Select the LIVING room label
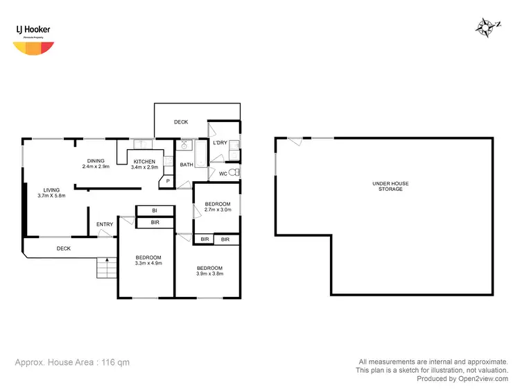click(x=51, y=189)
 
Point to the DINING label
click(x=96, y=161)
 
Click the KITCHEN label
click(x=144, y=162)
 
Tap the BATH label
click(x=187, y=165)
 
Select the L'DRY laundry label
click(x=220, y=143)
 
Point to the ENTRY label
click(x=105, y=224)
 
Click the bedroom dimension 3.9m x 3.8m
click(x=209, y=273)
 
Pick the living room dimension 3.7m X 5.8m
click(x=51, y=196)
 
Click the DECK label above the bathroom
click(x=181, y=122)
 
